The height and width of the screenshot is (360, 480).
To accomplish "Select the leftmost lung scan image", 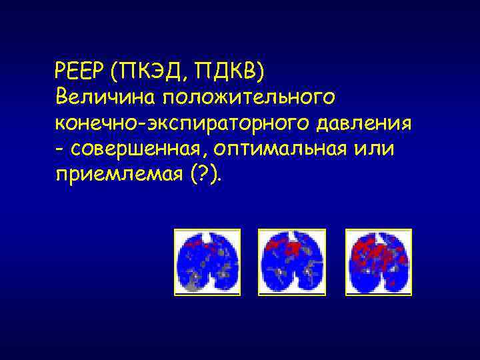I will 207,262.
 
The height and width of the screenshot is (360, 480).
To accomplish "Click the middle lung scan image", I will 292,262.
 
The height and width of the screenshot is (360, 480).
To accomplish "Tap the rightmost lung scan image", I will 378,262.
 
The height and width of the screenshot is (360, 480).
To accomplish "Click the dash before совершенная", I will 60,149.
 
